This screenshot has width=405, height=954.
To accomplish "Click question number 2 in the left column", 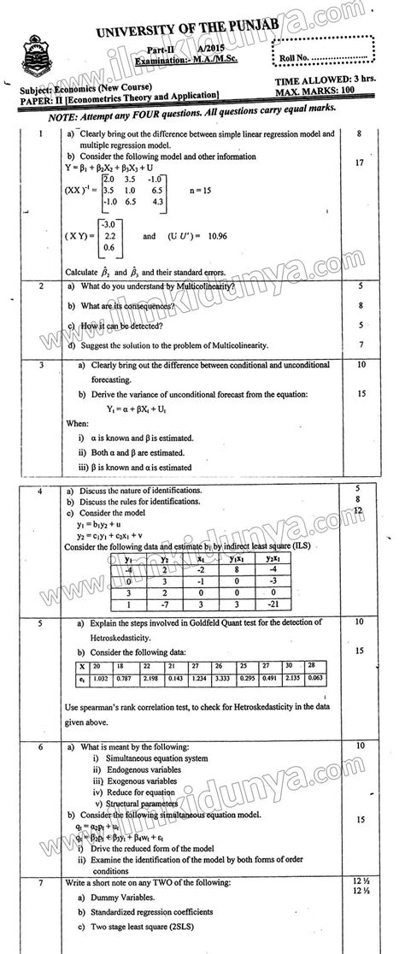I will (x=40, y=286).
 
